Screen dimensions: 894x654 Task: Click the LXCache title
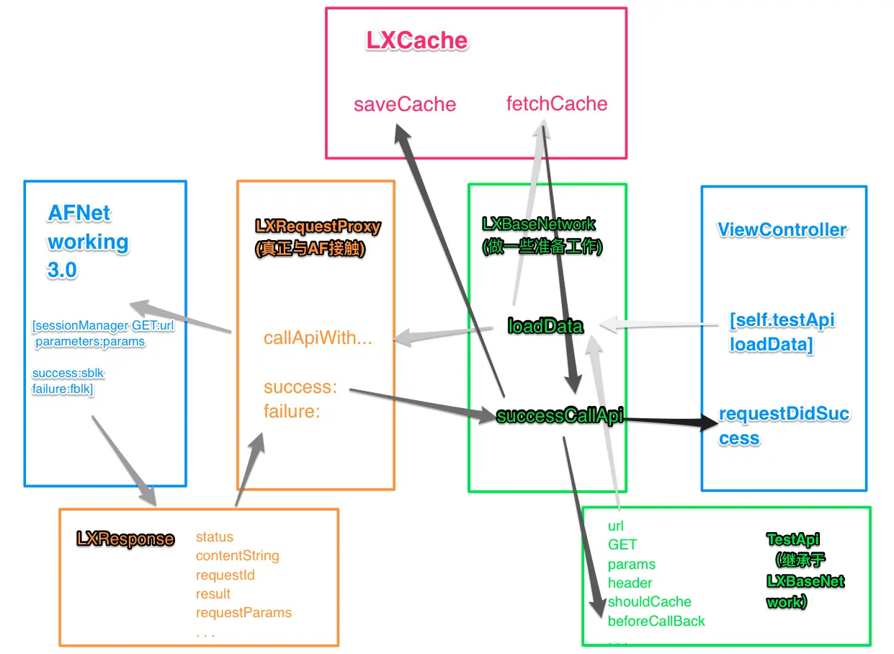pos(416,40)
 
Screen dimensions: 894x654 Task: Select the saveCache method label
pos(405,105)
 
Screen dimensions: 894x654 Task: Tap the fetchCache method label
pos(557,104)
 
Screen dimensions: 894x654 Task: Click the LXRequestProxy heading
pos(318,226)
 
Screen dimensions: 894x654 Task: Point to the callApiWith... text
pos(318,338)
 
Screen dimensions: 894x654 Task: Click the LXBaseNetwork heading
pos(539,224)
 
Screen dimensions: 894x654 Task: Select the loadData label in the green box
pos(545,326)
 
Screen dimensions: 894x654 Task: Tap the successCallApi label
pos(560,416)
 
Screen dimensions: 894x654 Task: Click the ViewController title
pos(782,230)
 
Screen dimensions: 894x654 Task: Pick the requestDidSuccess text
pos(784,426)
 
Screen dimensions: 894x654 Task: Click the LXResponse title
pos(125,539)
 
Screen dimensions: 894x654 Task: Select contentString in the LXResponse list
pos(238,556)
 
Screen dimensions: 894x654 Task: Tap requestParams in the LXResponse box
pos(243,613)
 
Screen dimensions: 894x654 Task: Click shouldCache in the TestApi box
pos(649,601)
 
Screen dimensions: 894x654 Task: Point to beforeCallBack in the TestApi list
pos(656,622)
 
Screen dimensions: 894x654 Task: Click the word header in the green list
pos(630,583)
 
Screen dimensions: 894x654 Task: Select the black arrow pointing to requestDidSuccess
pos(671,420)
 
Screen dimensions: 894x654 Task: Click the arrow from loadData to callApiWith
pos(443,335)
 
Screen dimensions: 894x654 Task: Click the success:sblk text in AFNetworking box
pos(68,373)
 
